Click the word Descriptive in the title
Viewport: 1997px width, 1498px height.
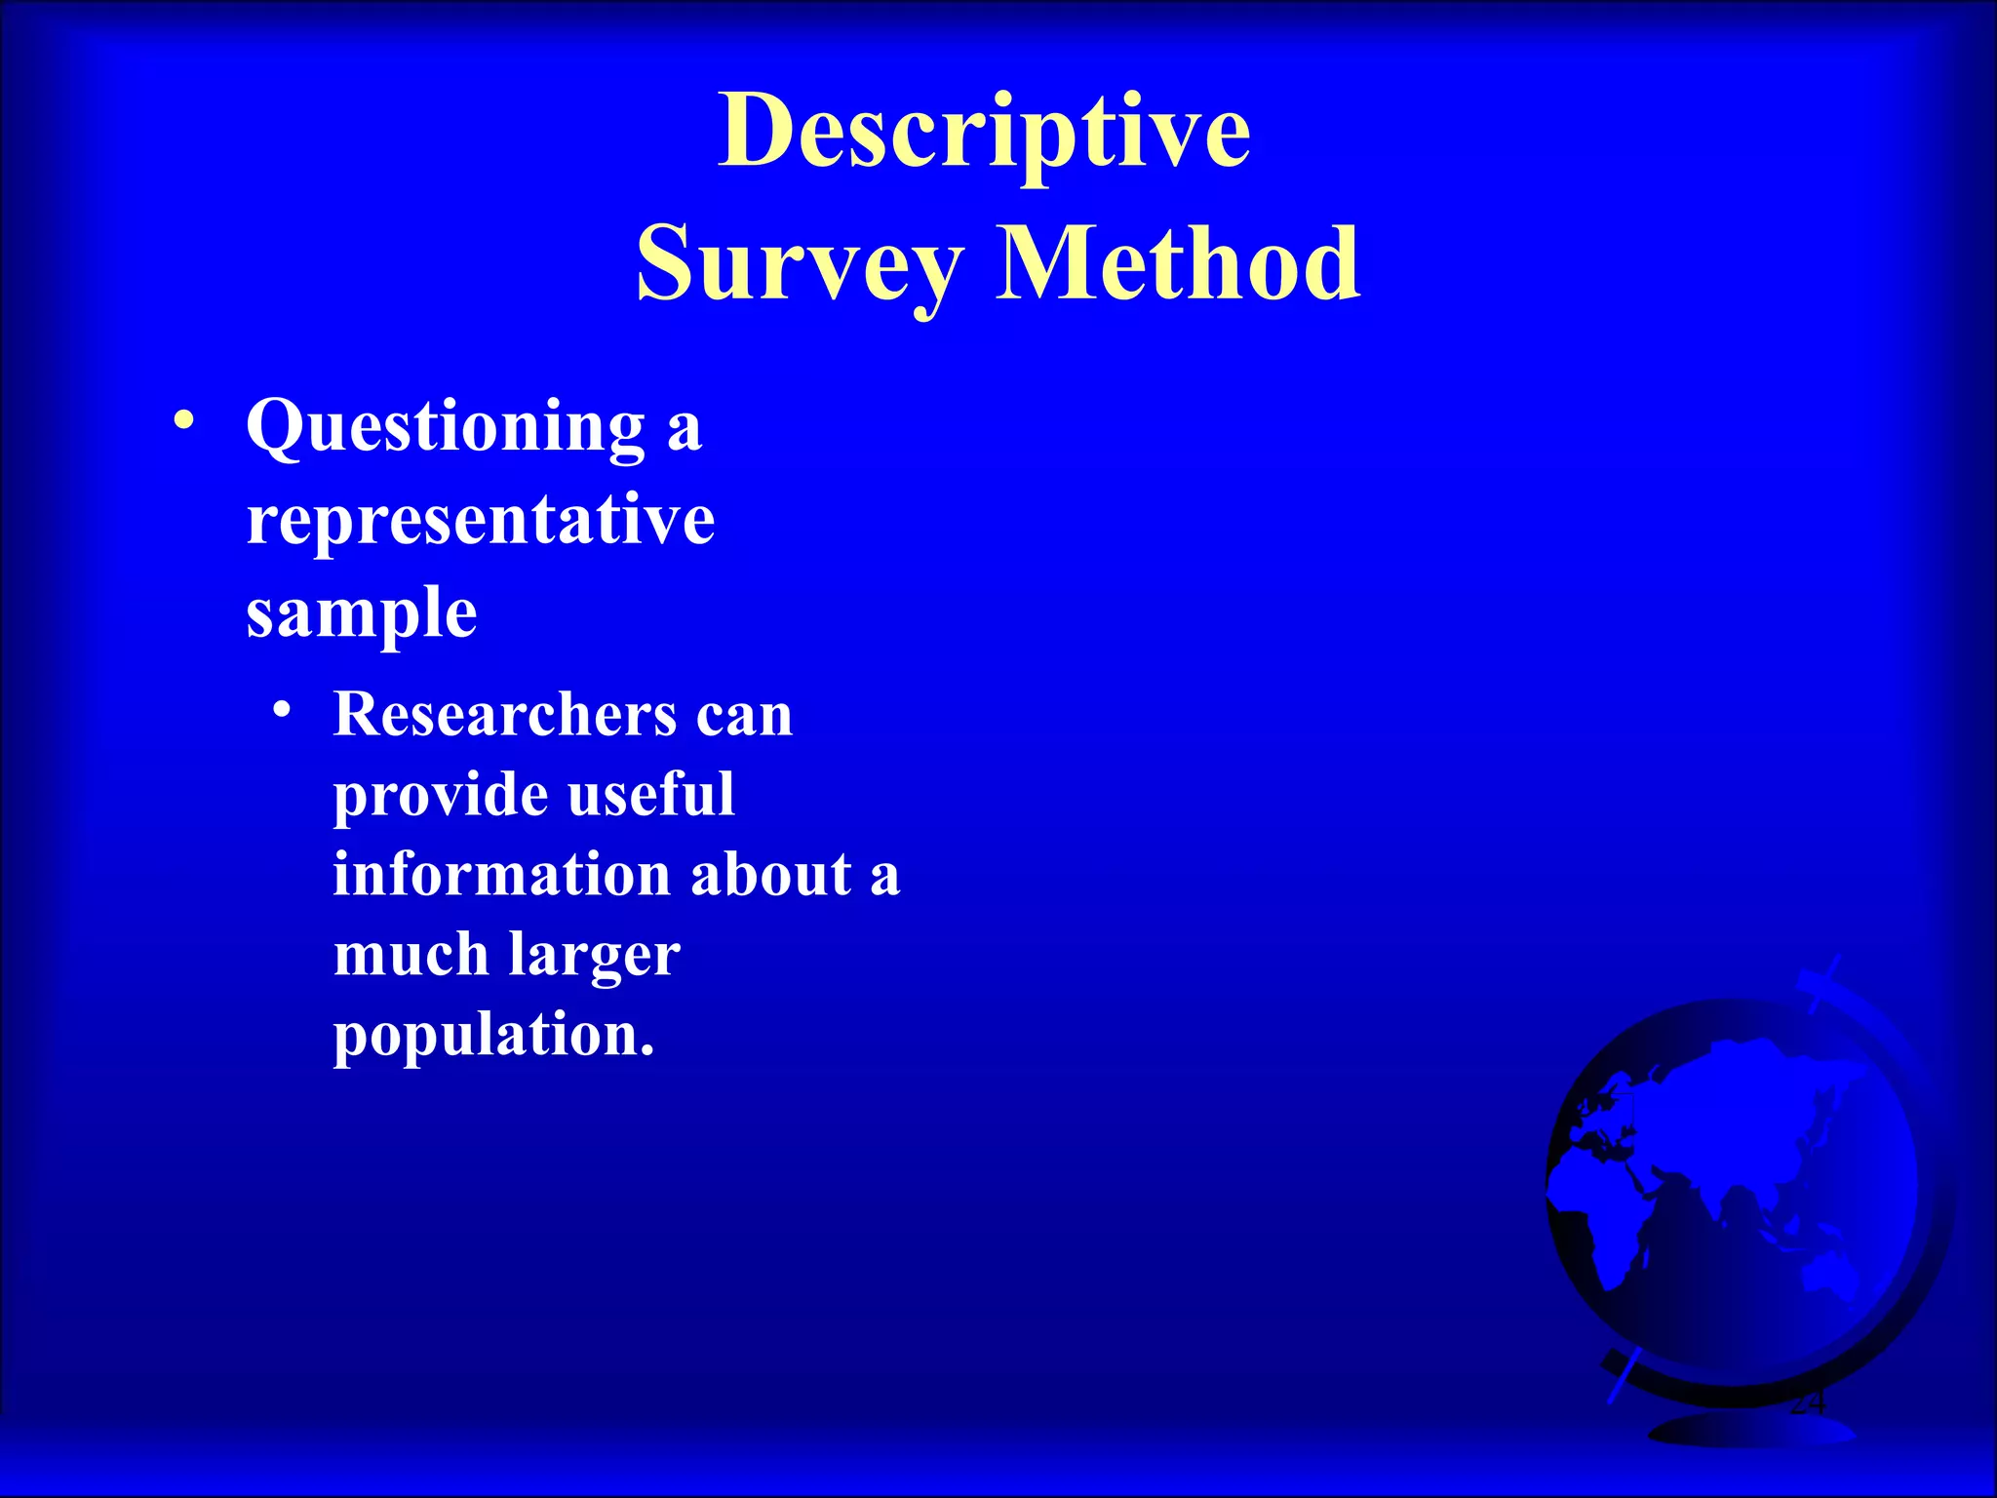[984, 132]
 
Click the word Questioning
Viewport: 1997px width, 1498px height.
[446, 428]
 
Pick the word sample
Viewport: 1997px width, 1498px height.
[362, 614]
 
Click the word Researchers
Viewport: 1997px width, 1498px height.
[505, 714]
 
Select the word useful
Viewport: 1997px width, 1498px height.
[650, 794]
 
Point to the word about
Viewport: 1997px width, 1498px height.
[770, 873]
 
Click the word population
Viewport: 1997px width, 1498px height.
[492, 1036]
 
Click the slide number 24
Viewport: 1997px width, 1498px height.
[1806, 1403]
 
